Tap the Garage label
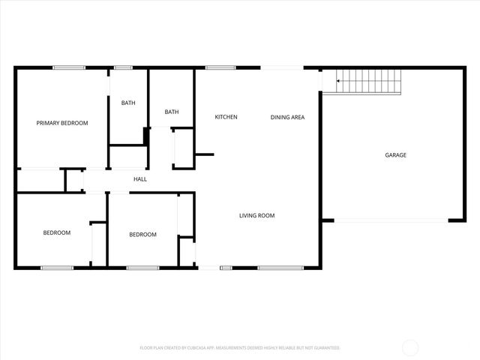pos(395,155)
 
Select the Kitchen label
pos(226,117)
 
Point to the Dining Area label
pos(287,117)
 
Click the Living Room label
pos(256,216)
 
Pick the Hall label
pos(140,179)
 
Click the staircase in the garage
pos(367,81)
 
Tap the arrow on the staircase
pos(339,80)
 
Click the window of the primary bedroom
pos(68,68)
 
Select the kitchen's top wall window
pos(220,68)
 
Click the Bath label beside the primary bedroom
pos(127,103)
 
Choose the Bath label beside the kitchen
pos(172,112)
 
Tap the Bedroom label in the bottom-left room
pos(56,233)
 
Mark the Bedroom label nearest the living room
pos(142,235)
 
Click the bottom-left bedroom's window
pos(56,267)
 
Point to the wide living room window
pos(280,267)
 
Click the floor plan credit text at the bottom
pos(240,348)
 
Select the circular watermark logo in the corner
pos(411,347)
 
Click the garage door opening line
pos(391,220)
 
